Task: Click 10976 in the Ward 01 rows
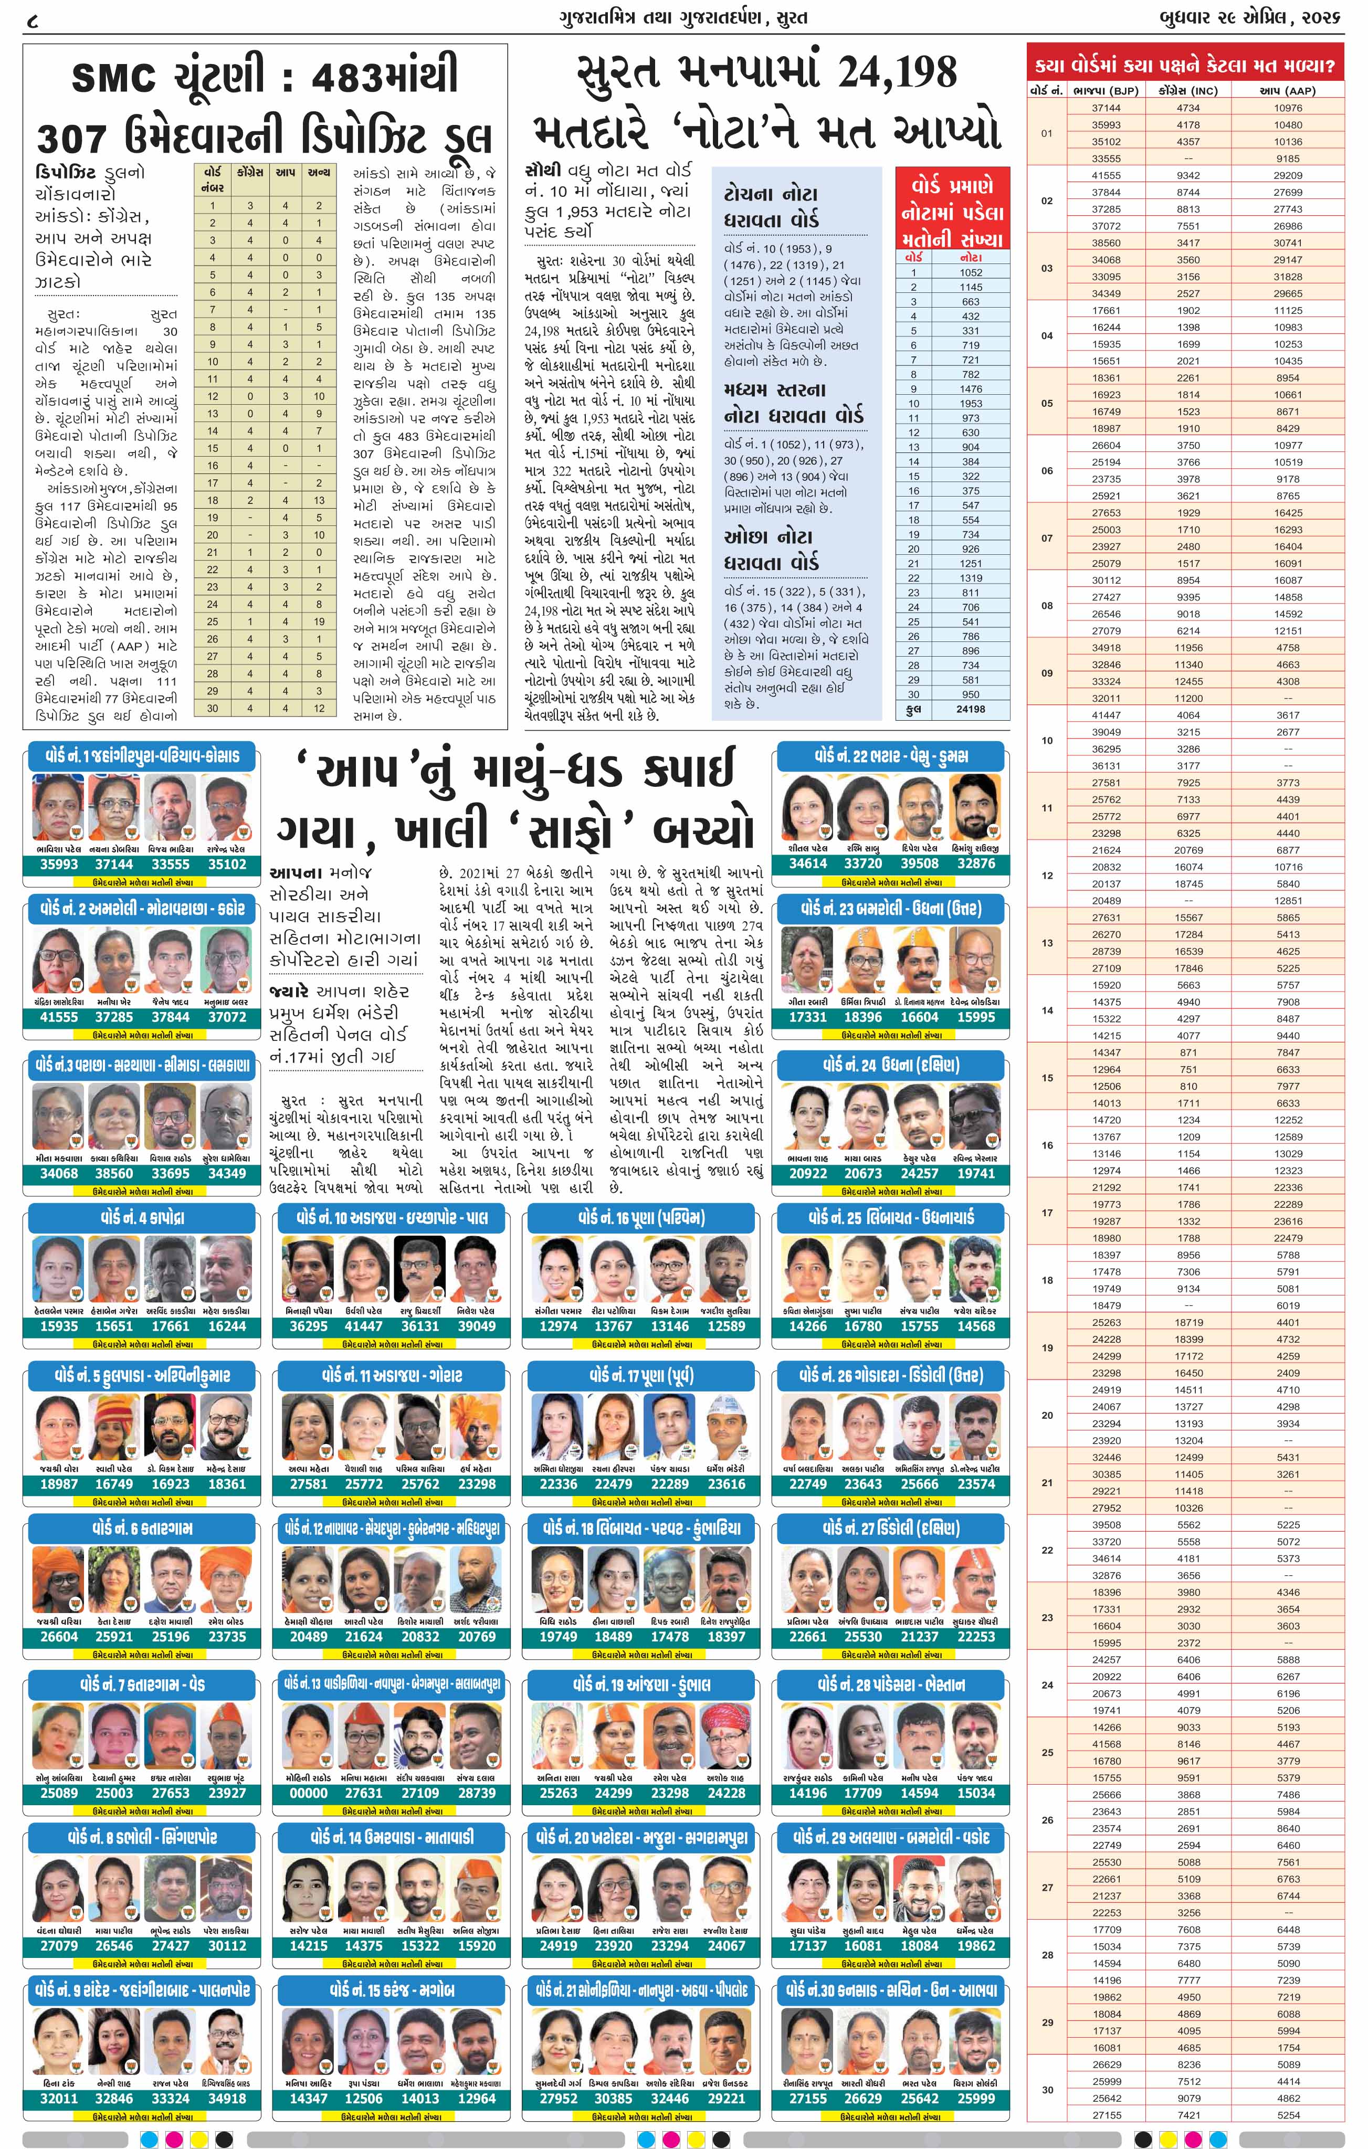click(1288, 108)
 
